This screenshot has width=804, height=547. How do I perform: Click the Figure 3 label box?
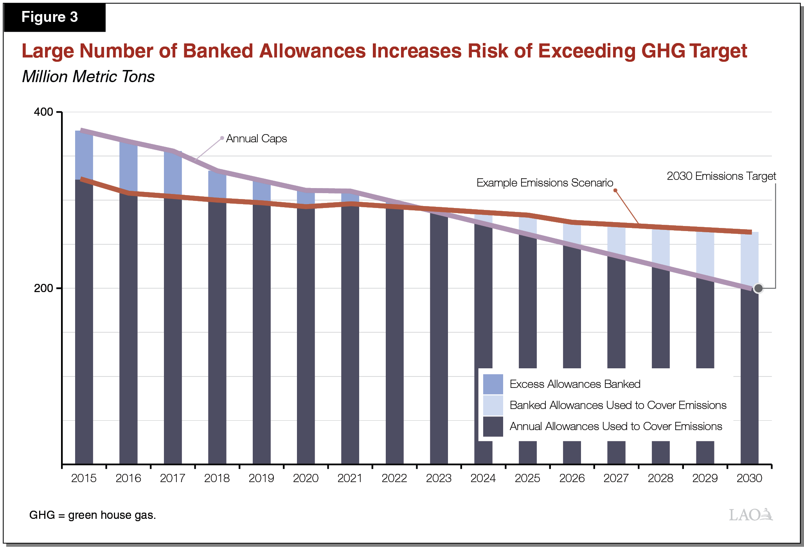54,17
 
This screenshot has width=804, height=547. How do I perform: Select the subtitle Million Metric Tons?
88,77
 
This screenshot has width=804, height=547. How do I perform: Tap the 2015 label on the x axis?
84,478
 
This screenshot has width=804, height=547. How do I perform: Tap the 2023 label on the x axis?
439,478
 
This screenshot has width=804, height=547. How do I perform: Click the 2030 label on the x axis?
749,478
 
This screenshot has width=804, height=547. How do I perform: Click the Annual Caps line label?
256,139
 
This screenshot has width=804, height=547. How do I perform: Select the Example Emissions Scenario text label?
544,183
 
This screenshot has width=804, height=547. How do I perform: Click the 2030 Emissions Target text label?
721,176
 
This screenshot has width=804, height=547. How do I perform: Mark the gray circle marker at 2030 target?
758,289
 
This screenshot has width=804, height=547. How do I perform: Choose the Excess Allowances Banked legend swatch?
493,384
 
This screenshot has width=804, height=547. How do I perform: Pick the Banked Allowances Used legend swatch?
493,405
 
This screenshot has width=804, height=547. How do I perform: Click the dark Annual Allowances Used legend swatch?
493,426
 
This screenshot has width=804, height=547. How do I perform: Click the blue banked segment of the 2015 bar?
84,155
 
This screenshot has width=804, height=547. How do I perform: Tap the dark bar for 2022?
394,332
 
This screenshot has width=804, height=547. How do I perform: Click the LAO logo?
750,515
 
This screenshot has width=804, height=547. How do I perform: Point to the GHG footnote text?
92,515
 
